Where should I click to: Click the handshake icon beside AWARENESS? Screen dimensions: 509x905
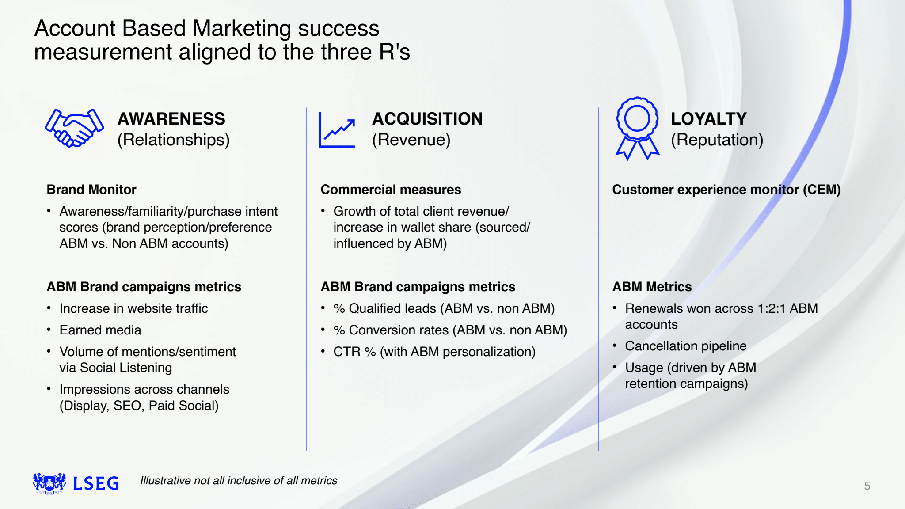pos(74,128)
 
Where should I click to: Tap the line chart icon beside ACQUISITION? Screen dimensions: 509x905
pos(337,129)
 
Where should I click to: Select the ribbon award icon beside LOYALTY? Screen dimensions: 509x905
pos(637,128)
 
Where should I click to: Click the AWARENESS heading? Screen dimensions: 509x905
pos(171,119)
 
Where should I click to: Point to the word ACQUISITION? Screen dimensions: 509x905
pos(427,119)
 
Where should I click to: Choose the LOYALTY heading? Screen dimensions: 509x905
pos(708,119)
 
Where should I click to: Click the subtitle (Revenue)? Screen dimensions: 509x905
pos(411,140)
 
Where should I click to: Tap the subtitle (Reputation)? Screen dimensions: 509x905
pos(717,140)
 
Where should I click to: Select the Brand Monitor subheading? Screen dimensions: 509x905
pos(91,190)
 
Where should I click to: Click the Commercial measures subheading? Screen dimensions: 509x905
pos(391,190)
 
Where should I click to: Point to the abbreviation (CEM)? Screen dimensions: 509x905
pos(821,190)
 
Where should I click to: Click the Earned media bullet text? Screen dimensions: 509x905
pos(100,330)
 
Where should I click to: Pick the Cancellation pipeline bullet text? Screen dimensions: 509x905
pos(685,346)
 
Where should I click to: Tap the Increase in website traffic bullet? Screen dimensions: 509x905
pos(133,308)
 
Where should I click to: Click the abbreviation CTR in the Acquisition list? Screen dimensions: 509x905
pos(347,352)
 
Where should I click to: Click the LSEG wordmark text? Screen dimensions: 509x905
pos(96,483)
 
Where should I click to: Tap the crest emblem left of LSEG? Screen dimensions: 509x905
pos(49,483)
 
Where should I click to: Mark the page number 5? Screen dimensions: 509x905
pos(867,486)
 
